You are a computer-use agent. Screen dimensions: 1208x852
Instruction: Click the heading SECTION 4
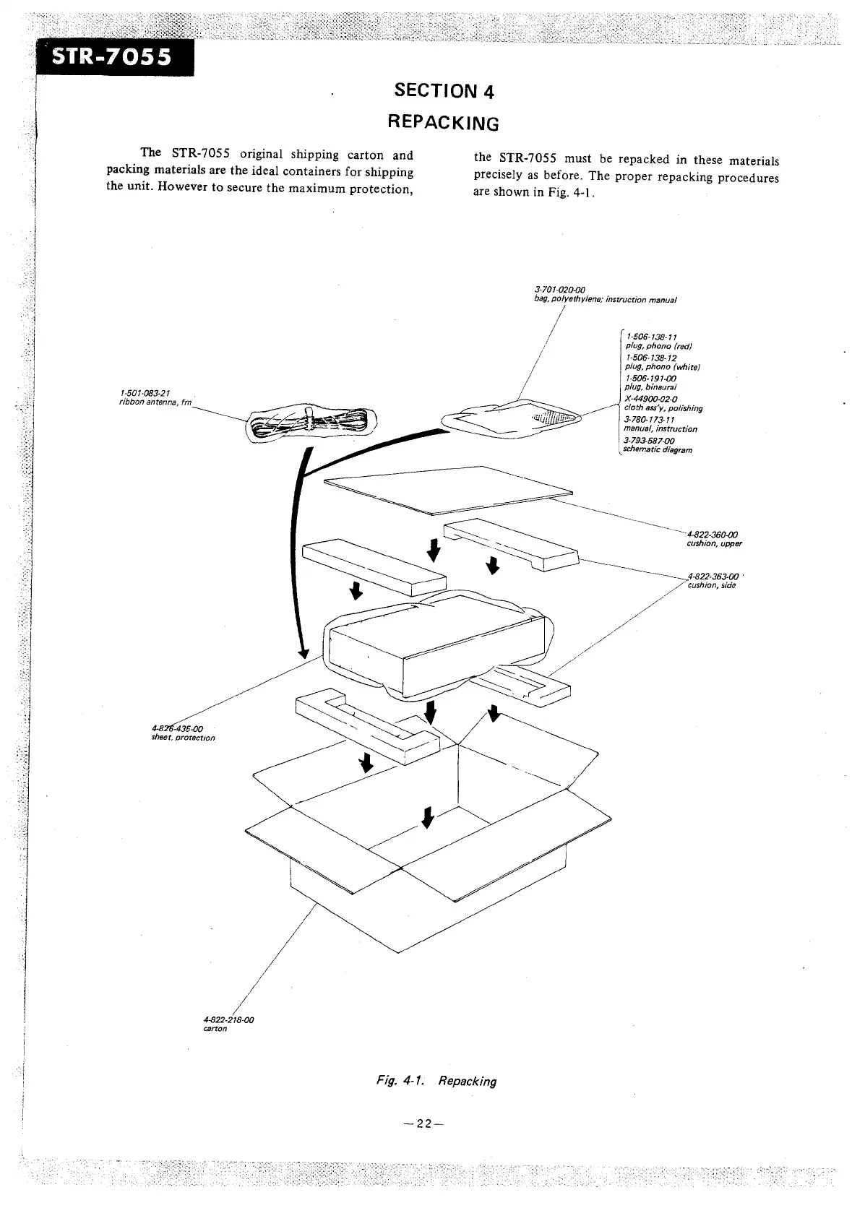coord(444,91)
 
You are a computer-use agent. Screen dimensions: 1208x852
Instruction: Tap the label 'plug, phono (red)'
coord(650,345)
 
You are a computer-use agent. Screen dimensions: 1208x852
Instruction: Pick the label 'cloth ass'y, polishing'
coord(663,408)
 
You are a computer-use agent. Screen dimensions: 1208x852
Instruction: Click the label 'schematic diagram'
coord(658,449)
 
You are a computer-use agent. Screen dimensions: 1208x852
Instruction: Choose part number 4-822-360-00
coord(711,535)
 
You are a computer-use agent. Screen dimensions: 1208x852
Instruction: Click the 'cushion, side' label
coord(711,585)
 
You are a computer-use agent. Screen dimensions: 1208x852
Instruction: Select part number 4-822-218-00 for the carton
coord(229,1020)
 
